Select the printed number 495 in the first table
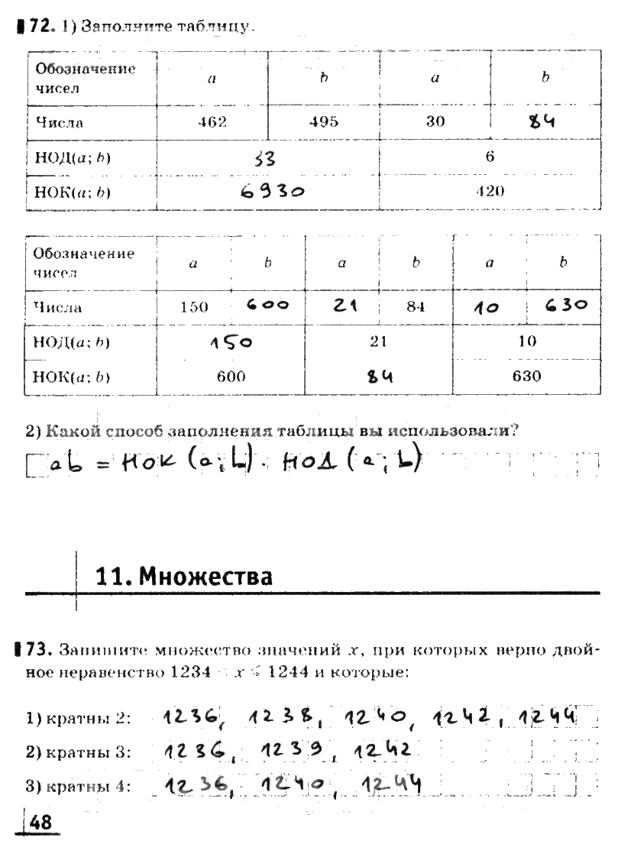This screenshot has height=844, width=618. (324, 122)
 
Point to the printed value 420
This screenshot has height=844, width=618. (490, 191)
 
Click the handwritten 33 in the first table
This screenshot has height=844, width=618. (264, 158)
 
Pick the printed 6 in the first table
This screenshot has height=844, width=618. (490, 157)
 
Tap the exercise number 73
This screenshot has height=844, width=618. (37, 651)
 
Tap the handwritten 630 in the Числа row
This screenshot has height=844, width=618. (566, 306)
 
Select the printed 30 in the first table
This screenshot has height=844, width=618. (435, 122)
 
